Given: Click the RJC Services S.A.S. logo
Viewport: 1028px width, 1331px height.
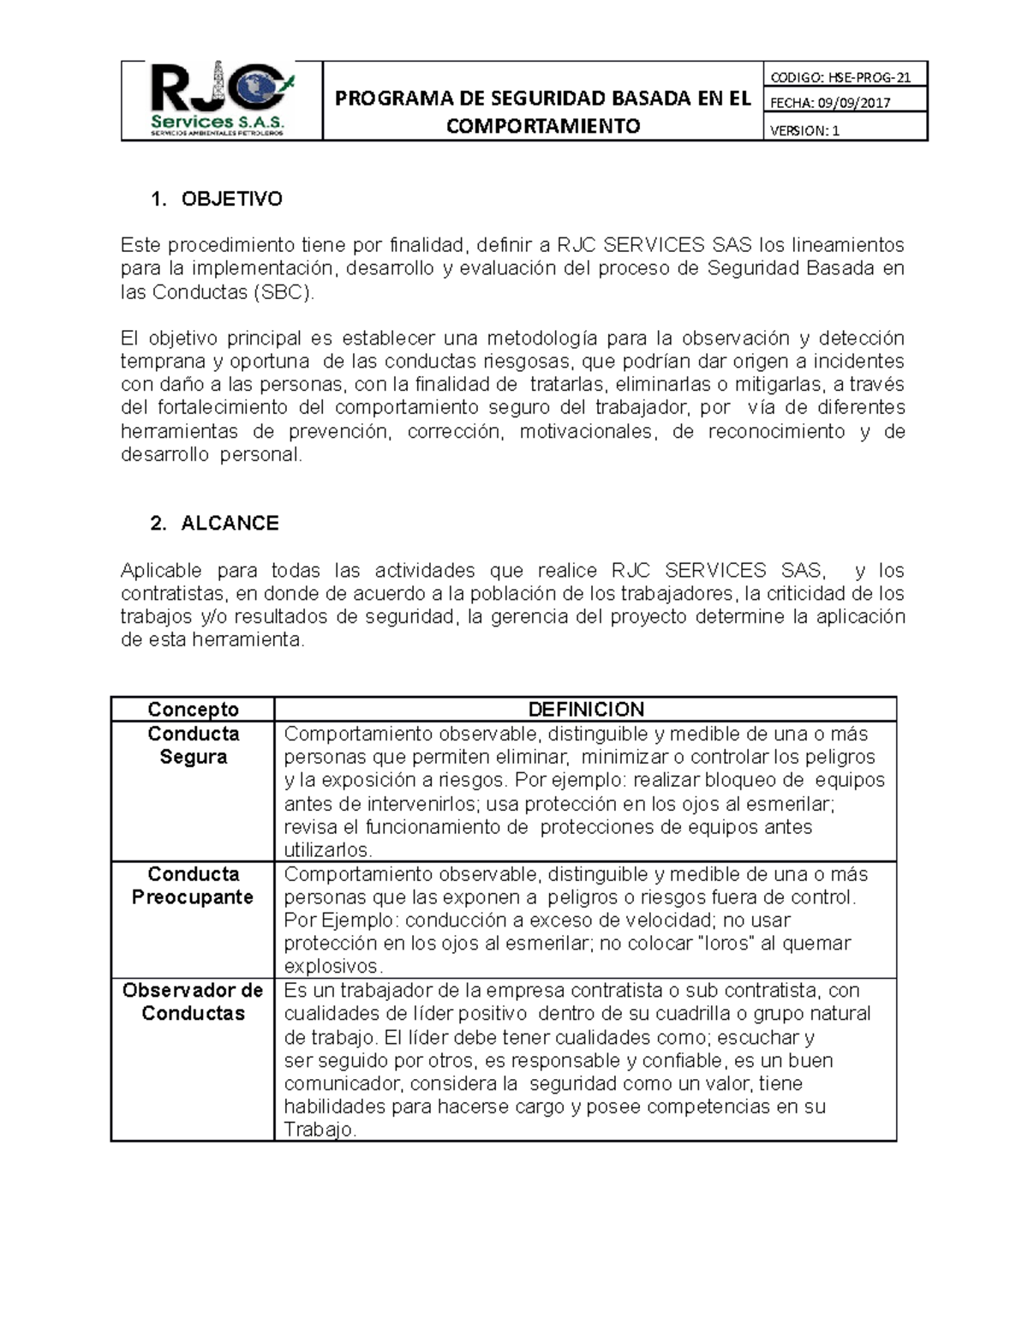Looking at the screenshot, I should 222,100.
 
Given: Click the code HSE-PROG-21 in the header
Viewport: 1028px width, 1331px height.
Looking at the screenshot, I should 862,78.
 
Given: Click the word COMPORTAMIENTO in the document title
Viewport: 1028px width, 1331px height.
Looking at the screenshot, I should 543,126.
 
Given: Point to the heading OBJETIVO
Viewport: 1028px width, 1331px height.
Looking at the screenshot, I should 231,200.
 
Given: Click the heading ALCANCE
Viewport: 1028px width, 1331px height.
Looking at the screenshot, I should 230,524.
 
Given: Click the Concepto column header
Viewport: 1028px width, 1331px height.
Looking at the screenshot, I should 193,710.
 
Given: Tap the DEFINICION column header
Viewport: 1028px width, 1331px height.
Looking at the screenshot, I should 586,710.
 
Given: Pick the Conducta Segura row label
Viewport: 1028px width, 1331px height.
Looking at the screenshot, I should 193,746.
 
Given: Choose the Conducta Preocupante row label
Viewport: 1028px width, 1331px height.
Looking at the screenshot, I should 193,885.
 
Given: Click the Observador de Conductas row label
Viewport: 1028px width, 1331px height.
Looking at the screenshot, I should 193,1002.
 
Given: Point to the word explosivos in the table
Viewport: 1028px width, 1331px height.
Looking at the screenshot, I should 333,967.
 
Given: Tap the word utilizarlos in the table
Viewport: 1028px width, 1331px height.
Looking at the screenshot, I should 327,850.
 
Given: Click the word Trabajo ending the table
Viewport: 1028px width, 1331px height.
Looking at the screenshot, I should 319,1130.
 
